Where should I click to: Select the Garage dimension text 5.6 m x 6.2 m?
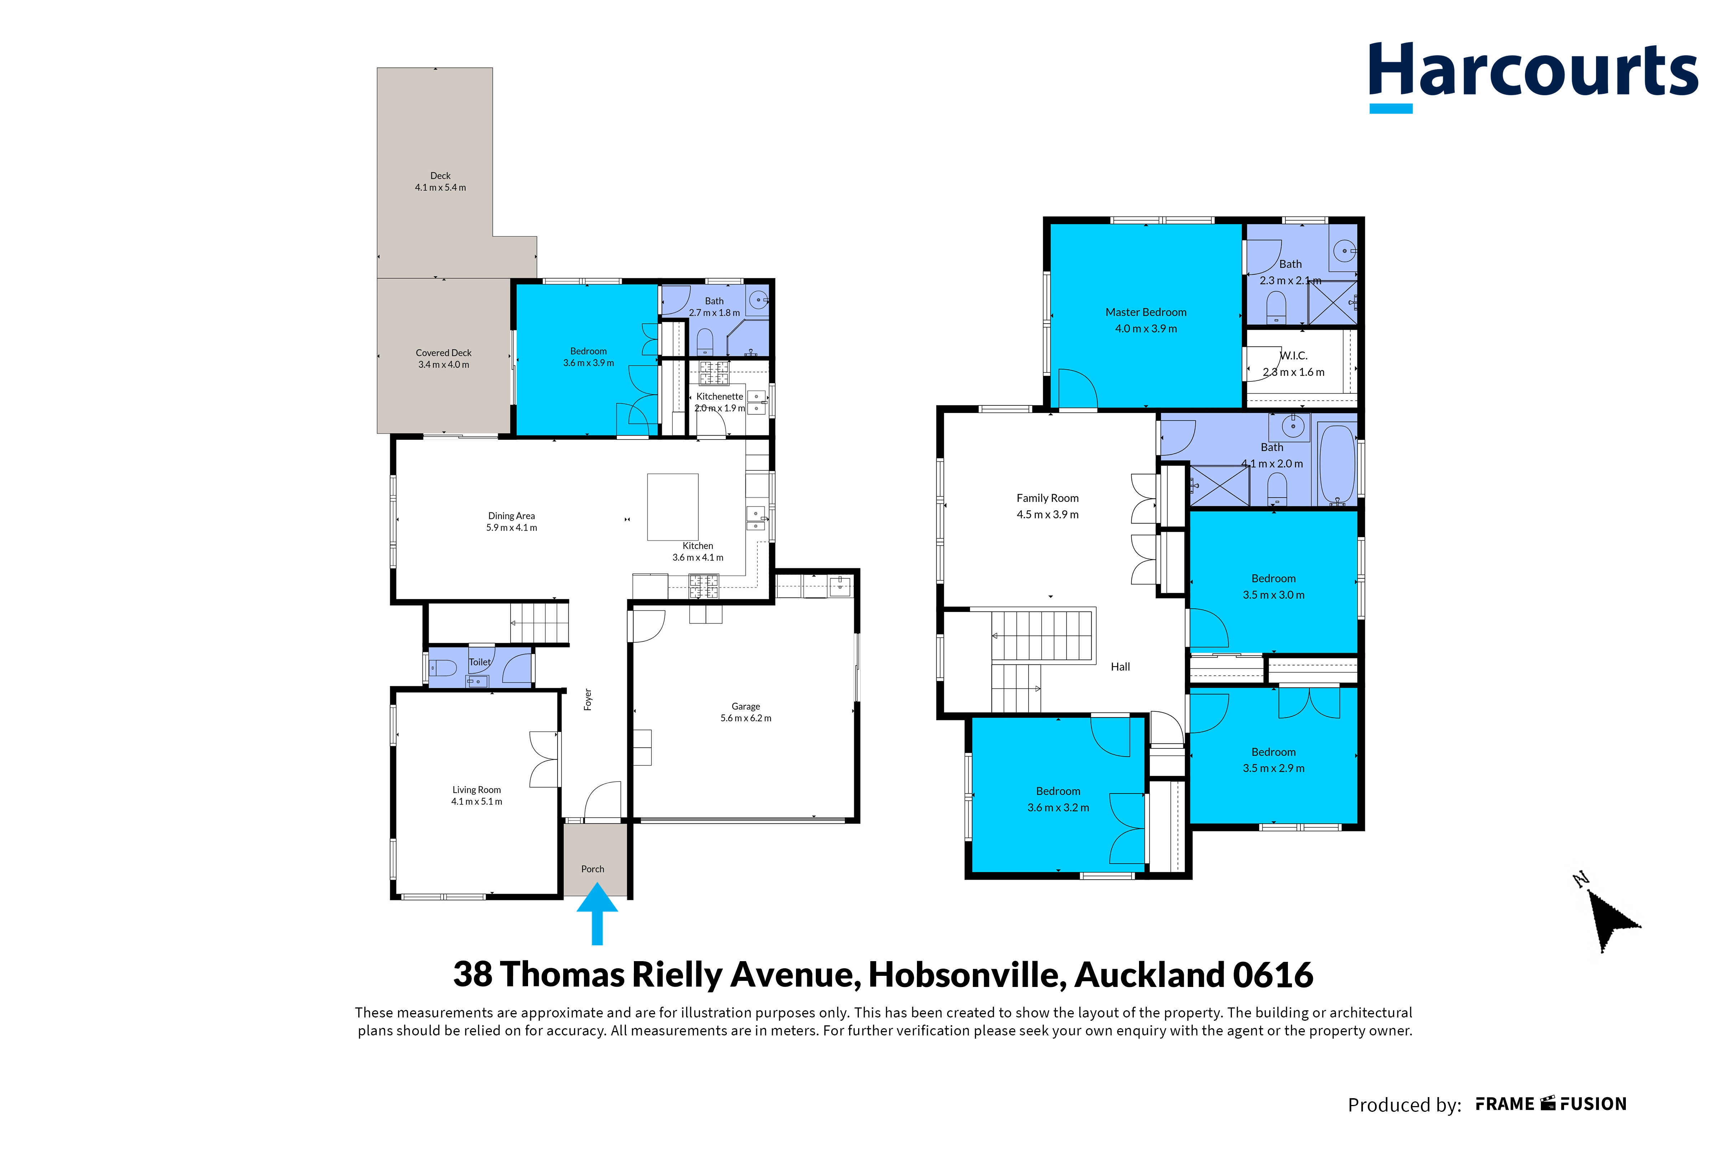tap(745, 718)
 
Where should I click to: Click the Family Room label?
tap(1048, 498)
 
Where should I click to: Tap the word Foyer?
tap(588, 700)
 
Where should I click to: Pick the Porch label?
tap(593, 869)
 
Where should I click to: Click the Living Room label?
tap(477, 790)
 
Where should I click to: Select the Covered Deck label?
tap(444, 353)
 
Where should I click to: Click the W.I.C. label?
tap(1294, 356)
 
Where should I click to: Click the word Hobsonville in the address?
tap(968, 975)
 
